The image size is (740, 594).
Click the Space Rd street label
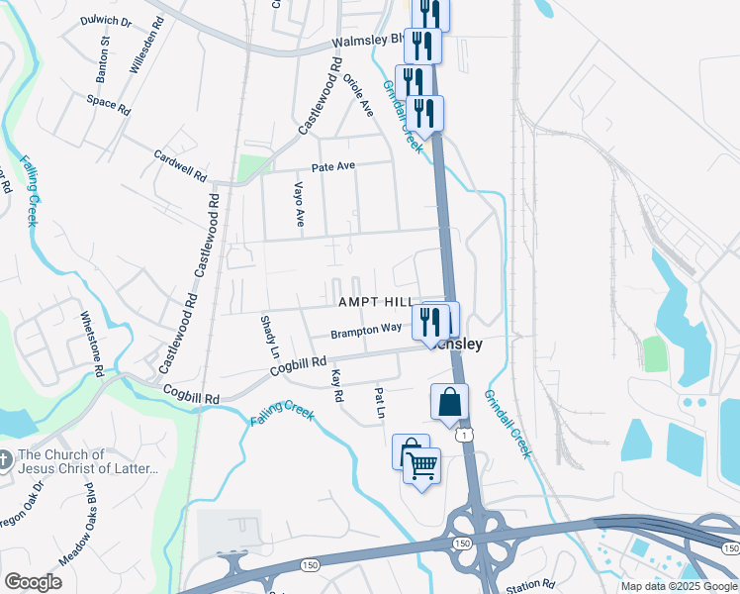pyautogui.click(x=108, y=103)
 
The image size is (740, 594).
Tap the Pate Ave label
pyautogui.click(x=332, y=167)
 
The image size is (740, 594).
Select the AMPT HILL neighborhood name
pyautogui.click(x=376, y=301)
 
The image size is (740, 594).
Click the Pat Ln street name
pyautogui.click(x=380, y=402)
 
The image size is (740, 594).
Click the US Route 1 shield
pyautogui.click(x=462, y=434)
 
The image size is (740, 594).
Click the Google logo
pyautogui.click(x=34, y=582)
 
